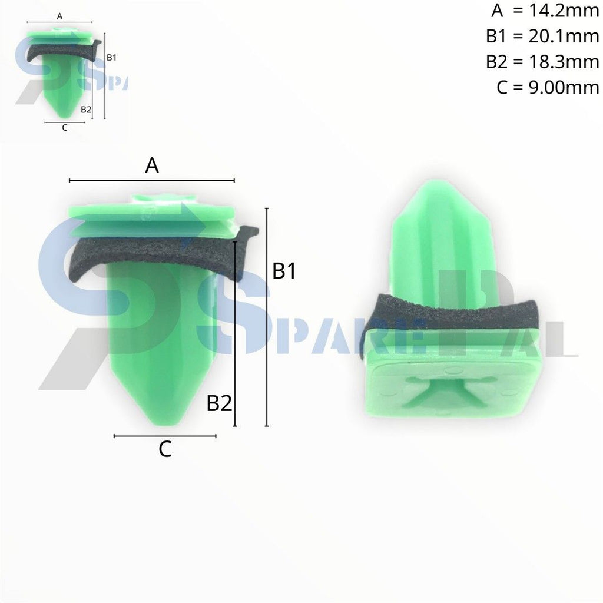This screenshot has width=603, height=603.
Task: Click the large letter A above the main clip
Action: [x=152, y=166]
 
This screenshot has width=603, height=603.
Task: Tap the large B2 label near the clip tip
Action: [x=219, y=404]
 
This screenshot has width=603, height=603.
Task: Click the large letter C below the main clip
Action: [x=165, y=450]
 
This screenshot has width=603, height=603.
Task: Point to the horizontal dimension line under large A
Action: [x=152, y=180]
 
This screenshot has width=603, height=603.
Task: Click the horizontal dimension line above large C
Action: [x=165, y=436]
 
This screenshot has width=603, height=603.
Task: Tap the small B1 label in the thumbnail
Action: [x=112, y=57]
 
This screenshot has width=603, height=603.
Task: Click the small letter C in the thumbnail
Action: [x=64, y=127]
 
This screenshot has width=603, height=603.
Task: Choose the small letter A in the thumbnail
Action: [x=59, y=16]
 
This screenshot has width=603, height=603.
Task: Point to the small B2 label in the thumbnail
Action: [x=86, y=109]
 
